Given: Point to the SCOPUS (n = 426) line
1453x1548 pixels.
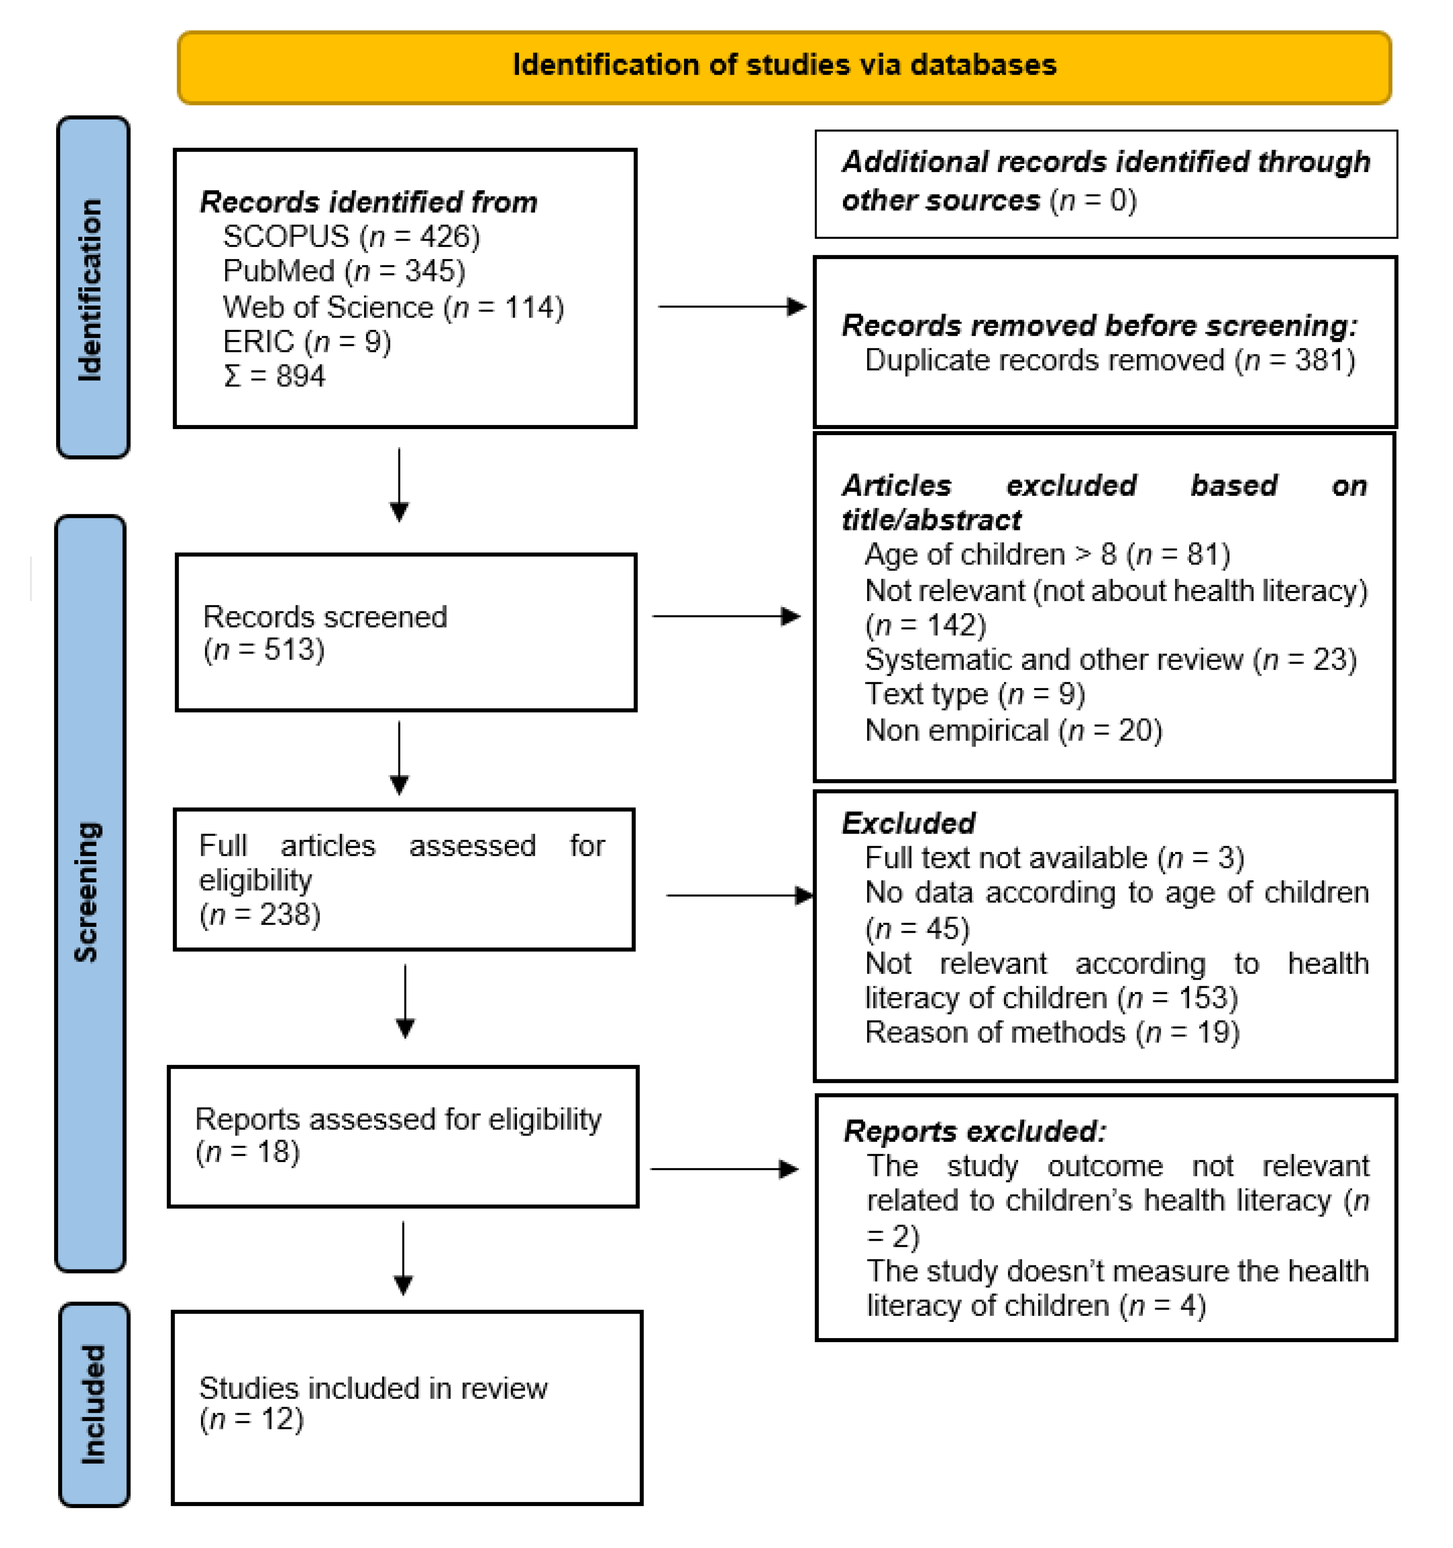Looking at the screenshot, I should (351, 236).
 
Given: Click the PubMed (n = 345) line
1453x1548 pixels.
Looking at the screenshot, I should (343, 271).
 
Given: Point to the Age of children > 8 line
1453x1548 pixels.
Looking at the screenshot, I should (1047, 555).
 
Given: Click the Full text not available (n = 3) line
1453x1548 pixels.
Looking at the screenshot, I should (1054, 857).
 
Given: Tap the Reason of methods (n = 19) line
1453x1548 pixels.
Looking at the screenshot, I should (1052, 1033).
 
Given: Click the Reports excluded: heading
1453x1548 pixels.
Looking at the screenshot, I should (974, 1131).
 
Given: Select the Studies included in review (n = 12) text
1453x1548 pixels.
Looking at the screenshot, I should (373, 1403).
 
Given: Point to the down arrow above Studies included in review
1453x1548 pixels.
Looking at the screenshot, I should (403, 1257).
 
